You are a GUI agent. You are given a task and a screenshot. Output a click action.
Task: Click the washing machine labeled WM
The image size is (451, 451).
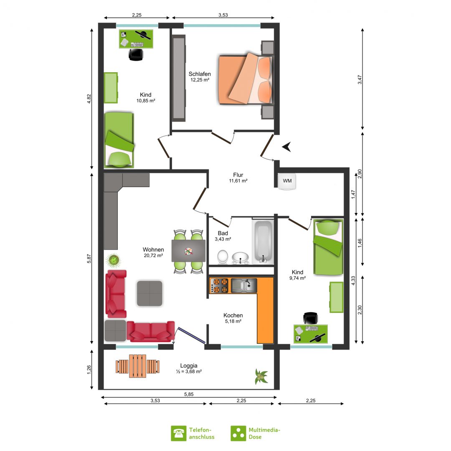pyautogui.click(x=287, y=181)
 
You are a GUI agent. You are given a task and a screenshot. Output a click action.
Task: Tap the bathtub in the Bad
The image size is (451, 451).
pyautogui.click(x=263, y=242)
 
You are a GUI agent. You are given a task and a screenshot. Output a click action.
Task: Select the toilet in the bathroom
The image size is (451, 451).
pyautogui.click(x=223, y=257)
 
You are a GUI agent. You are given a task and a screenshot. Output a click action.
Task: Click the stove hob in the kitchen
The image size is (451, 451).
pyautogui.click(x=219, y=286)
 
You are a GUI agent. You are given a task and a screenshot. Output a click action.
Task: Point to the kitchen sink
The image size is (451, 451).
pyautogui.click(x=244, y=286)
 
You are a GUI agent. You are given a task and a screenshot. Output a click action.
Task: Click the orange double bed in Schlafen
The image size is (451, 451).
pyautogui.click(x=246, y=78)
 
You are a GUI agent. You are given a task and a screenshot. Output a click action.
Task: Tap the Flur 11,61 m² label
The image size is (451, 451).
pyautogui.click(x=238, y=177)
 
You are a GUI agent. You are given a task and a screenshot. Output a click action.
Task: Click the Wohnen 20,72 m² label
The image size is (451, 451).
pyautogui.click(x=153, y=252)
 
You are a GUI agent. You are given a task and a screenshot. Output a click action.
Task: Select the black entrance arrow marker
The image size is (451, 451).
pyautogui.click(x=286, y=147)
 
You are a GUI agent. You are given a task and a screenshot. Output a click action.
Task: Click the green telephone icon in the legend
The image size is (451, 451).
pyautogui.click(x=179, y=433)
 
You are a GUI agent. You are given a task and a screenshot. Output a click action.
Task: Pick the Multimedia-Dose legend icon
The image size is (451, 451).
pyautogui.click(x=238, y=433)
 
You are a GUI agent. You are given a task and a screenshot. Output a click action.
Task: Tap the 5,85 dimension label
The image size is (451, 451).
pyautogui.click(x=189, y=394)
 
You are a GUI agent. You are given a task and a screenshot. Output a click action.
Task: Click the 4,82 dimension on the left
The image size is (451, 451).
pyautogui.click(x=89, y=99)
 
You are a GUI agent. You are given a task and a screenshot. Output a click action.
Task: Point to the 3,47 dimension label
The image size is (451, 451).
pyautogui.click(x=360, y=79)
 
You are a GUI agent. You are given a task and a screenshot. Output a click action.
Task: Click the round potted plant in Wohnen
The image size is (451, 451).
pyautogui.click(x=113, y=260)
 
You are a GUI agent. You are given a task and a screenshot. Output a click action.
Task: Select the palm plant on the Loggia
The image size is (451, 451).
pyautogui.click(x=261, y=377)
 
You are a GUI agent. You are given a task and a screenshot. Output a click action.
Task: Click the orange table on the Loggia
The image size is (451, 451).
pyautogui.click(x=137, y=366)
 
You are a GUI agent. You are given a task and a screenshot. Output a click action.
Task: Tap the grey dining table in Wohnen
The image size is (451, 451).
pyautogui.click(x=188, y=251)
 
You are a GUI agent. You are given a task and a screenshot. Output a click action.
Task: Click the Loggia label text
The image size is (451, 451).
pyautogui.click(x=189, y=365)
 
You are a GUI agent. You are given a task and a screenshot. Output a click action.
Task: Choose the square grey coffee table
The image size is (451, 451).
pyautogui.click(x=149, y=294)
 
